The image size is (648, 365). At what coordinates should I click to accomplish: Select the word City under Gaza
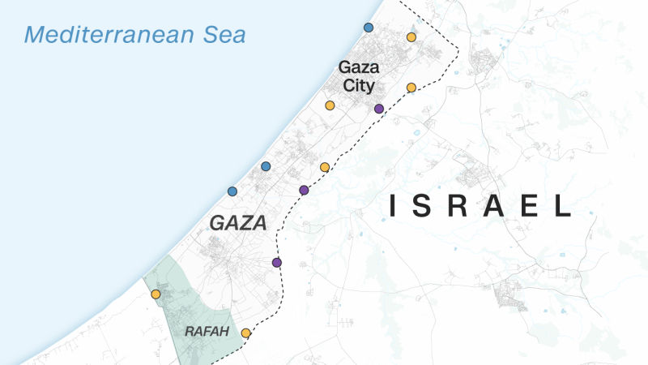coord(357,84)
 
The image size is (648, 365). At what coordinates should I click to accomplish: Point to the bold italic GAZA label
coord(238,223)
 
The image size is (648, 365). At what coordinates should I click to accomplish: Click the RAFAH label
coord(207,332)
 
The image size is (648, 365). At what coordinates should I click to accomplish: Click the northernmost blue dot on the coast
coord(369,28)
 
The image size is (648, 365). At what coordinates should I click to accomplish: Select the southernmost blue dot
coord(232,191)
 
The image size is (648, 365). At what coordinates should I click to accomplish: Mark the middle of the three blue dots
coord(265,166)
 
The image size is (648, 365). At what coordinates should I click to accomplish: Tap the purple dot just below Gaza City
coord(378,109)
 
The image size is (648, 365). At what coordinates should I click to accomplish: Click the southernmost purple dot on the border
coord(277,263)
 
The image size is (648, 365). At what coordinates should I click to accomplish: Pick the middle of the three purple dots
coord(304,190)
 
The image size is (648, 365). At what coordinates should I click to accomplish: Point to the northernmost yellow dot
coord(411,37)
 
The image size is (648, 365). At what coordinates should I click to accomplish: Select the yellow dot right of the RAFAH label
coord(245,333)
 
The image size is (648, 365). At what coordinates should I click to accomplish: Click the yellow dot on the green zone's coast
coord(156,294)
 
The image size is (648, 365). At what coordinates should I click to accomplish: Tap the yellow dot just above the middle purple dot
coord(325,167)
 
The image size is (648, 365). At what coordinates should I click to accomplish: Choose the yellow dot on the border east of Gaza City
coord(411,87)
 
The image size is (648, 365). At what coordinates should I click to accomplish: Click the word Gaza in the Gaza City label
coord(358,68)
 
